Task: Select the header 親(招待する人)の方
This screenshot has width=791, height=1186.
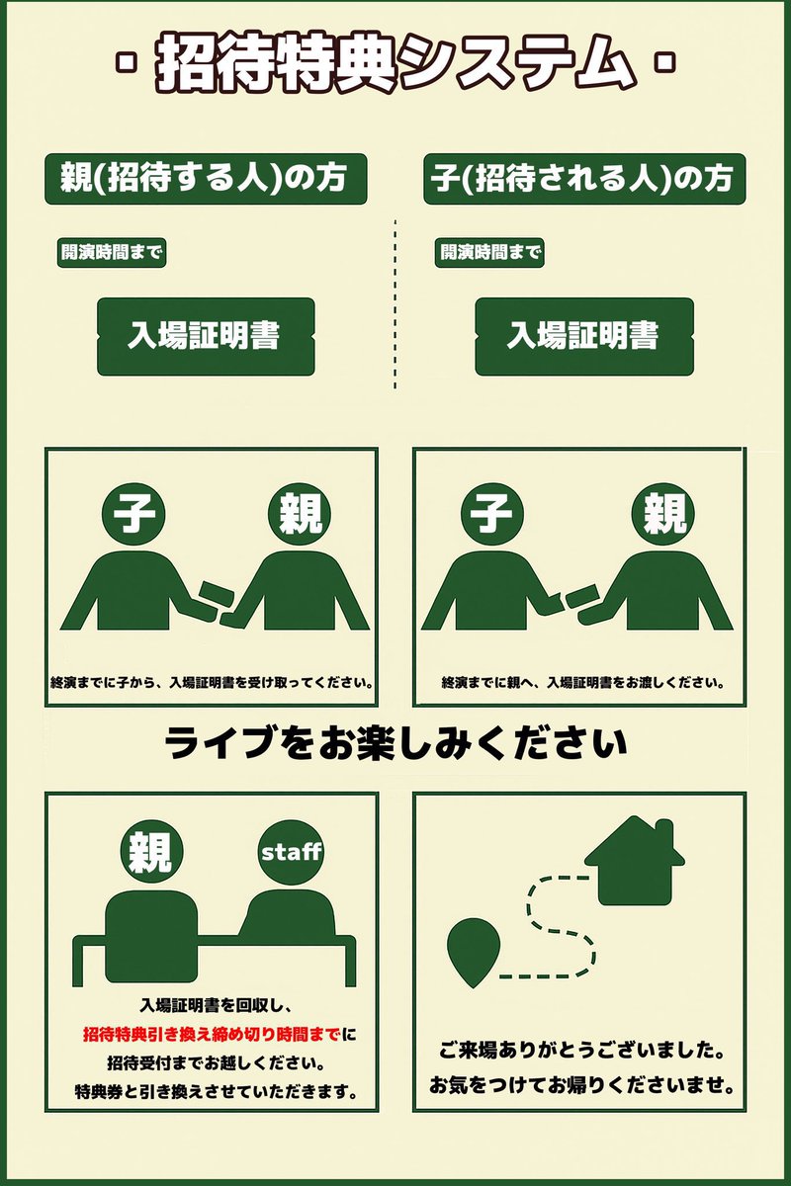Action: (206, 179)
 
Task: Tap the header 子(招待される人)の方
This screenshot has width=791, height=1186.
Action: (583, 179)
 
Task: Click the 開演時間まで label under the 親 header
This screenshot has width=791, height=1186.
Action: (111, 252)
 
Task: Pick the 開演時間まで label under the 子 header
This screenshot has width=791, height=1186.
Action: (490, 252)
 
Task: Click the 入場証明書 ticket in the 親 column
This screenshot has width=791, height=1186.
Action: (206, 336)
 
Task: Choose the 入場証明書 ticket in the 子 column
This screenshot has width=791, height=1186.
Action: (583, 336)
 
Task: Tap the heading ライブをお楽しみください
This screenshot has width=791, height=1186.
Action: (395, 742)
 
